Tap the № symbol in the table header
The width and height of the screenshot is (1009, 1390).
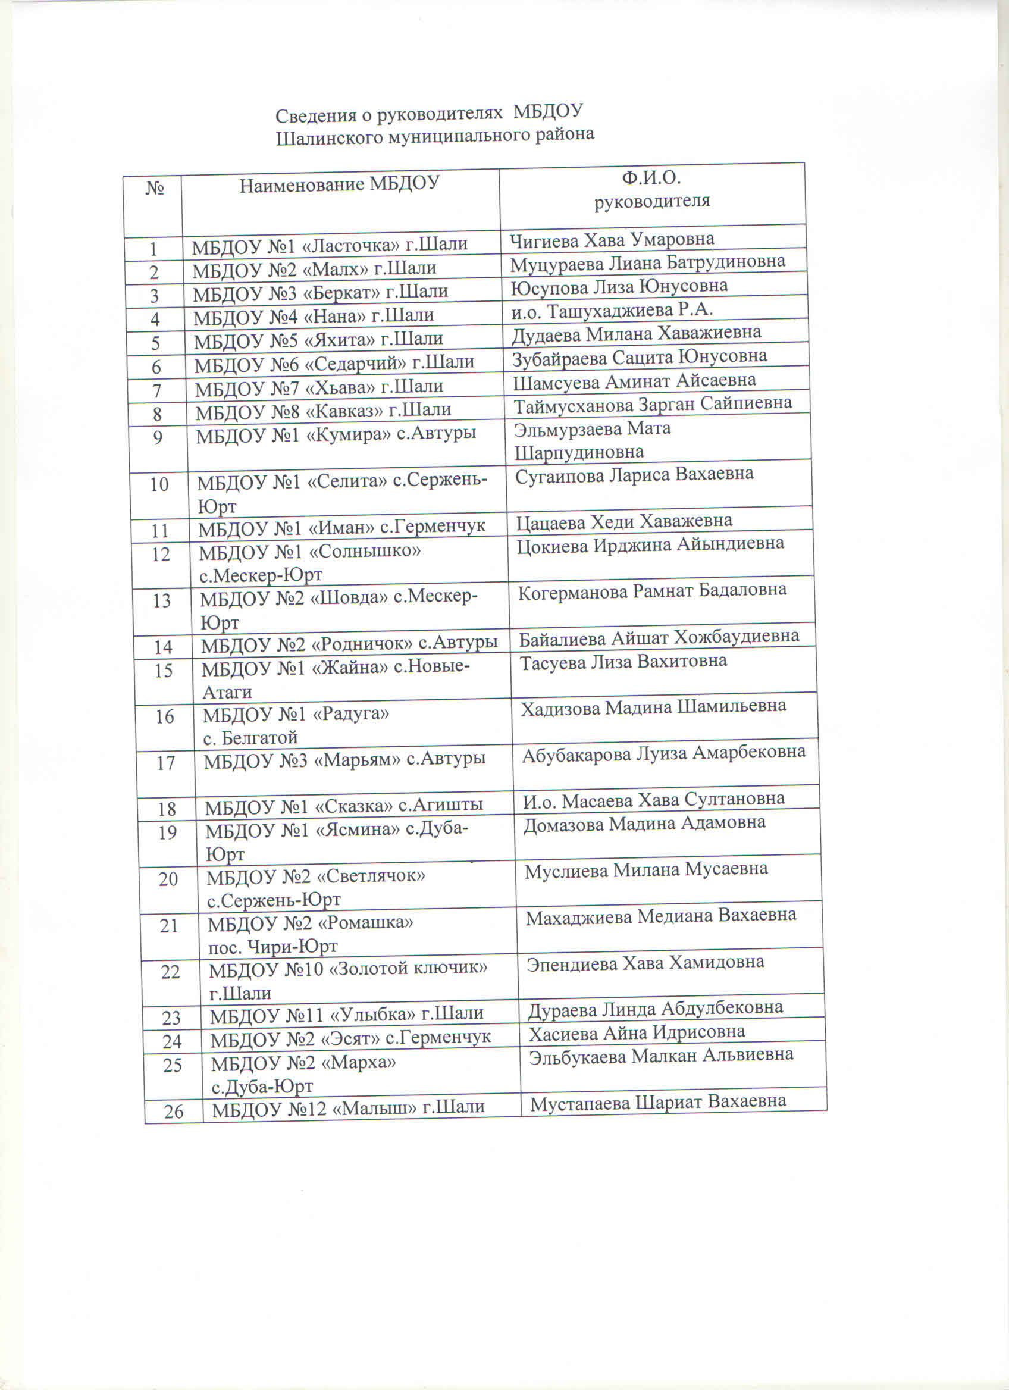[x=154, y=187]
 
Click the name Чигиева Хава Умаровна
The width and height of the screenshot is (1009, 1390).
[x=612, y=240]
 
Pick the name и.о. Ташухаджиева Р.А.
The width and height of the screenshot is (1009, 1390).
[x=612, y=311]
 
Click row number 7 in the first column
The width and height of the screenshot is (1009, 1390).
[x=157, y=390]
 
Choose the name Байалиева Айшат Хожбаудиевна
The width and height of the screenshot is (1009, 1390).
[x=659, y=638]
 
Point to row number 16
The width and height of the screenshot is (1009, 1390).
[x=164, y=716]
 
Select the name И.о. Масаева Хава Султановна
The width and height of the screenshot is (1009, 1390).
[x=654, y=800]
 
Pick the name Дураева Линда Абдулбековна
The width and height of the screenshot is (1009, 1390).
[x=655, y=1008]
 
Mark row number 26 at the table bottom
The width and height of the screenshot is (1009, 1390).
[x=173, y=1112]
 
